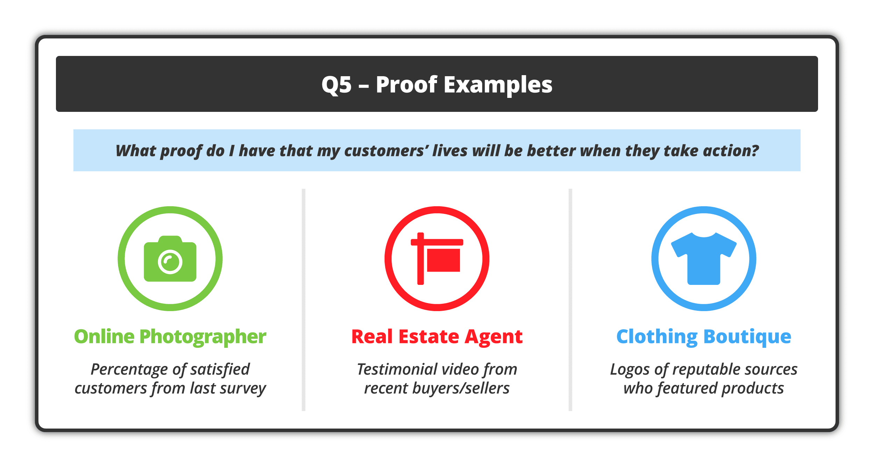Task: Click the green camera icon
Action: point(170,259)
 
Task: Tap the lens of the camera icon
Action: point(170,261)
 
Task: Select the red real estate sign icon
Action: point(437,259)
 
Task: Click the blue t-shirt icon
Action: point(704,259)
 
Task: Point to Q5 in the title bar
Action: point(336,85)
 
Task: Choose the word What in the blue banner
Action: point(136,151)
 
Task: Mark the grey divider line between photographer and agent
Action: point(303,300)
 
